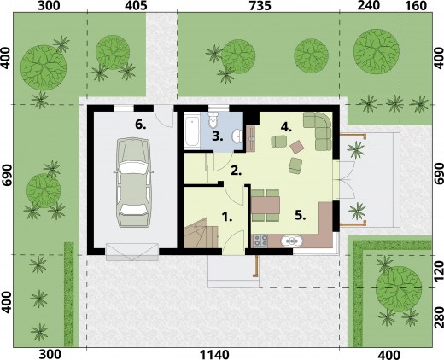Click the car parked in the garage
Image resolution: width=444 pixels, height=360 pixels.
tap(133, 183)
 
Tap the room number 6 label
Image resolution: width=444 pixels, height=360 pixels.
tap(141, 125)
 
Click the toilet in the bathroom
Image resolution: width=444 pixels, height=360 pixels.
tap(213, 119)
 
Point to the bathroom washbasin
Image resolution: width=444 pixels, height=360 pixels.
tap(237, 136)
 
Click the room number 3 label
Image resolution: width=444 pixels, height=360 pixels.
tap(217, 136)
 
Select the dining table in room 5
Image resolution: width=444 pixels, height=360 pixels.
tap(266, 205)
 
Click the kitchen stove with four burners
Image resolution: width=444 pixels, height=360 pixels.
tap(260, 241)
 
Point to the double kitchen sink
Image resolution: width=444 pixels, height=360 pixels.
tap(292, 241)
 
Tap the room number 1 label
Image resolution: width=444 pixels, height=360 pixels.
tap(227, 218)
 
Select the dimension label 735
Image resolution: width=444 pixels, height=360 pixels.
tap(260, 6)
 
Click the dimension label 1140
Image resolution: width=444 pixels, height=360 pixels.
tap(214, 355)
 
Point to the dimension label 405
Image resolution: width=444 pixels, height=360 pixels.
tap(136, 6)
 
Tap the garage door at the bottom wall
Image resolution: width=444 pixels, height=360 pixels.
tap(132, 252)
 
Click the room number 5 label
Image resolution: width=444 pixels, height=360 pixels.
tap(300, 215)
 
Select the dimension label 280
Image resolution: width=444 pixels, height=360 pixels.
tap(439, 317)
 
